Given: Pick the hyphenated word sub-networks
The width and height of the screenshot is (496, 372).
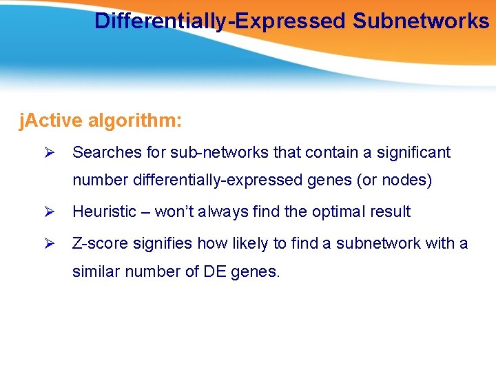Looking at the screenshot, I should coord(207,152).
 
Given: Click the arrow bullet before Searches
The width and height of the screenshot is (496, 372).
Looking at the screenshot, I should coord(48,152).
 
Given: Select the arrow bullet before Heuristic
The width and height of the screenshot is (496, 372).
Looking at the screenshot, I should coord(48,212).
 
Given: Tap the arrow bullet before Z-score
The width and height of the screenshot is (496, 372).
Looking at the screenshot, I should coord(48,243).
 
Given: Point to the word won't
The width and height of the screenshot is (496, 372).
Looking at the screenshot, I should coord(174,212).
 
